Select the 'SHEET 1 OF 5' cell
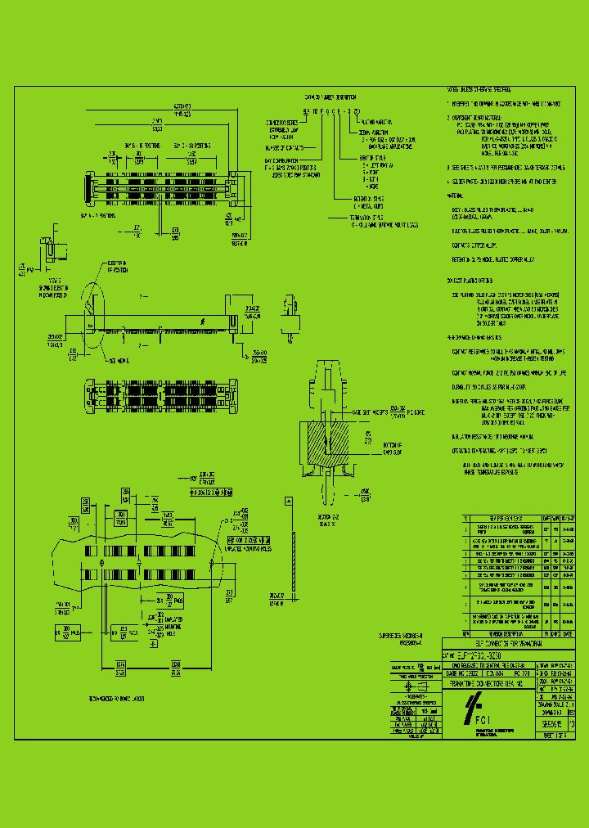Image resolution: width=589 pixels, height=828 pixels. tap(559, 736)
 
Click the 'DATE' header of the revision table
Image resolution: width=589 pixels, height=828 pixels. tap(568, 633)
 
